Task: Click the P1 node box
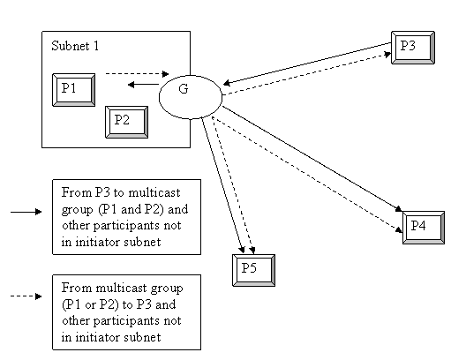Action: [74, 90]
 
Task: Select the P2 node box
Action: [126, 122]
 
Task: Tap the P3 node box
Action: [413, 48]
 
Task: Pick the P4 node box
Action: [424, 228]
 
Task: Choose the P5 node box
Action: [253, 270]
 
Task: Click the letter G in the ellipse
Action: [184, 89]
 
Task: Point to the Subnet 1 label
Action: [75, 46]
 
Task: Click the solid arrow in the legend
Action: [26, 212]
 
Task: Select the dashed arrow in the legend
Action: [26, 296]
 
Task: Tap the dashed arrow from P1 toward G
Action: [138, 73]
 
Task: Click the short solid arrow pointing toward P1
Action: [143, 85]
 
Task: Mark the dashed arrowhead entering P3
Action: [387, 55]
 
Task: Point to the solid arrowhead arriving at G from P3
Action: [227, 83]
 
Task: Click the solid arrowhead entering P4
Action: [399, 209]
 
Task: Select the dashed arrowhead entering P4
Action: [399, 229]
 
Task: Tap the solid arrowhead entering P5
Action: [242, 250]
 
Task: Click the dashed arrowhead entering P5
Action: [252, 250]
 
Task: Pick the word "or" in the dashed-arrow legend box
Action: [90, 304]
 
